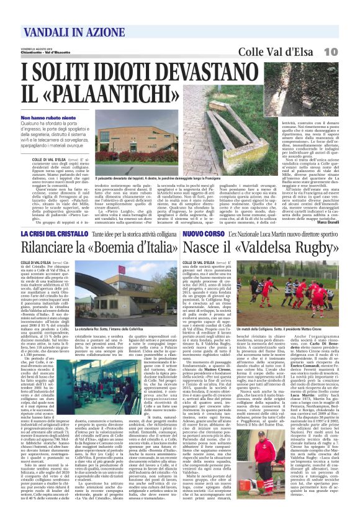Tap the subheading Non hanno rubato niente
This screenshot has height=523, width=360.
pos(47,117)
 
